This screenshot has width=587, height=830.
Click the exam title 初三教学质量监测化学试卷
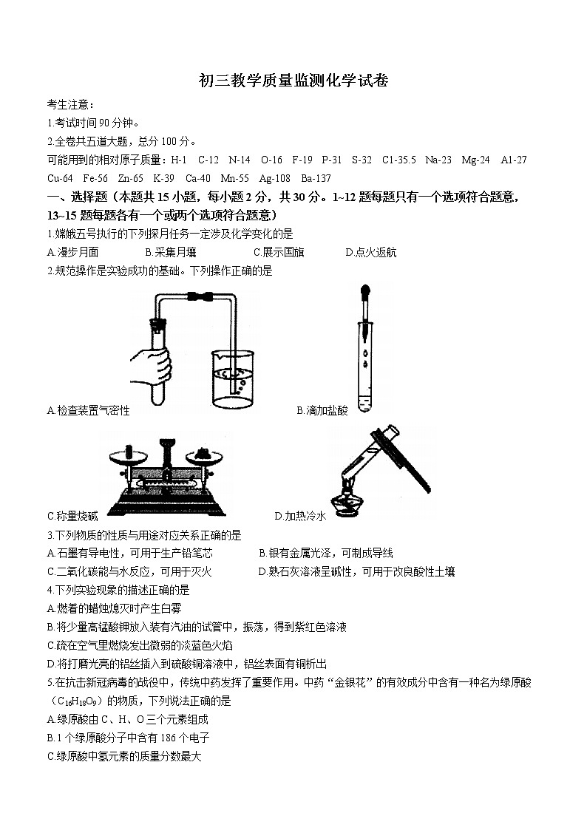point(293,81)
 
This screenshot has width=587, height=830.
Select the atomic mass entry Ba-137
point(316,178)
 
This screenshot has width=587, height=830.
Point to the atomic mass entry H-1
point(178,160)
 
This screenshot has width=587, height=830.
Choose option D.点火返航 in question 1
point(370,252)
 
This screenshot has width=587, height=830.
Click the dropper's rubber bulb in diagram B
point(364,290)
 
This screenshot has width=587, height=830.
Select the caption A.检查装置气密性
point(88,410)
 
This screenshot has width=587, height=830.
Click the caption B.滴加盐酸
point(322,410)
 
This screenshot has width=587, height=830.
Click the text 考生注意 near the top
point(70,105)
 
